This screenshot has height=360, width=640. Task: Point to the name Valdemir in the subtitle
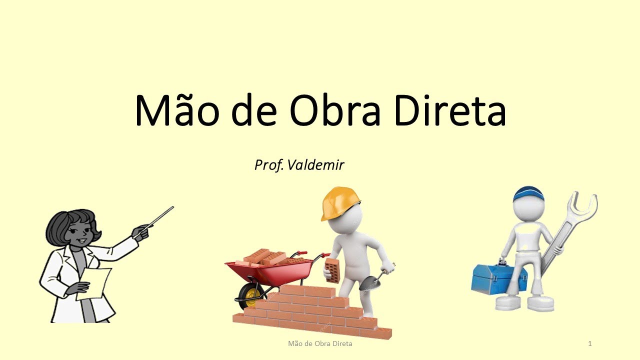point(315,164)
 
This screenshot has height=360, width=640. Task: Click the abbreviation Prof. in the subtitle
point(269,165)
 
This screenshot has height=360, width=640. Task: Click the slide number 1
point(590,343)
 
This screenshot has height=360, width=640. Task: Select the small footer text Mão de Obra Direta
point(320,343)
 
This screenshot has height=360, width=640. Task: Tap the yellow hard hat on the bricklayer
point(339,202)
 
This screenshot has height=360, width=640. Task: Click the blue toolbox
point(498,278)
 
